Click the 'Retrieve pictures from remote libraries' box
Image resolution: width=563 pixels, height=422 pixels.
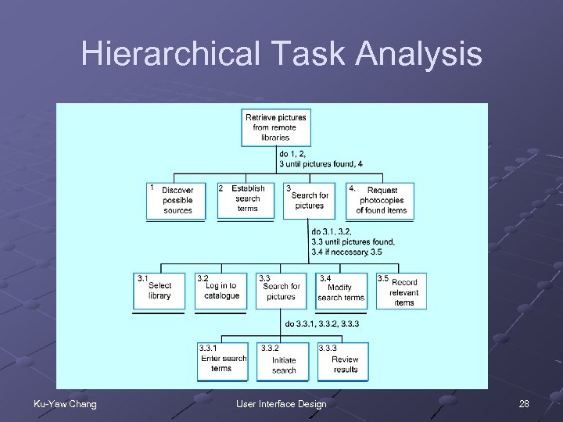[x=275, y=127]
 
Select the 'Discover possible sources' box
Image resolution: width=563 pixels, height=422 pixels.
[x=177, y=200]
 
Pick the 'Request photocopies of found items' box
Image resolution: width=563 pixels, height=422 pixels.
[x=381, y=200]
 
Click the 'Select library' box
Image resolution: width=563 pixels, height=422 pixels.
[x=160, y=291]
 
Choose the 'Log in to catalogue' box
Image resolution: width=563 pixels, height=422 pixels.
[x=221, y=291]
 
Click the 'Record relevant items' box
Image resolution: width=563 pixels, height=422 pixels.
[x=403, y=291]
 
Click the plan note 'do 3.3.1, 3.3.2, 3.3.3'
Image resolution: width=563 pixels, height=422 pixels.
[x=321, y=324]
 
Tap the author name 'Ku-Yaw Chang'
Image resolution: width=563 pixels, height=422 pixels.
[x=64, y=404]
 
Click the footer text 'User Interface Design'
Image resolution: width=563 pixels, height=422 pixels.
[x=281, y=404]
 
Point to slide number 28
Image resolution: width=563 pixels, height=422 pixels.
[x=524, y=404]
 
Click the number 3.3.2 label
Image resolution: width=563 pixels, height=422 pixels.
[x=270, y=347]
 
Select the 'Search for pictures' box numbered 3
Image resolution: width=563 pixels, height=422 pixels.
[x=309, y=200]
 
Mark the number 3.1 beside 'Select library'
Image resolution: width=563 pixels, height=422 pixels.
[x=143, y=278]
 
